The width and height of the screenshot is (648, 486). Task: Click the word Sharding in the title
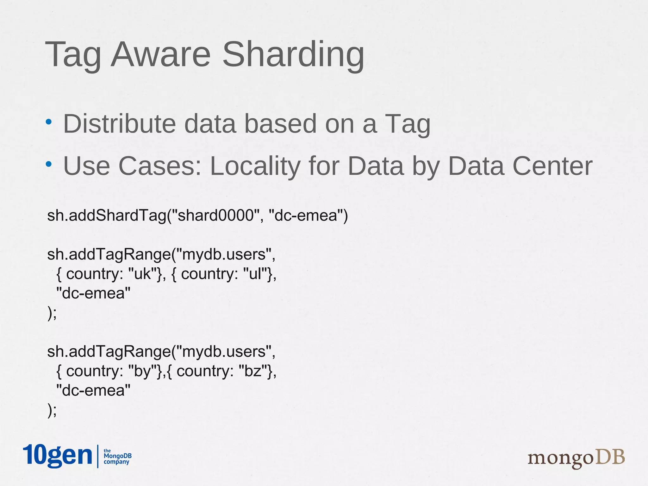pyautogui.click(x=293, y=54)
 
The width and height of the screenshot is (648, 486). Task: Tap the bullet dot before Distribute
pyautogui.click(x=48, y=122)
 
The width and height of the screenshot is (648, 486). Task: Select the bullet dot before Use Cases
pyautogui.click(x=48, y=164)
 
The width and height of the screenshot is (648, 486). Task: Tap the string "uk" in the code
pyautogui.click(x=143, y=274)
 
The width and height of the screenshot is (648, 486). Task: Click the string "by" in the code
pyautogui.click(x=143, y=371)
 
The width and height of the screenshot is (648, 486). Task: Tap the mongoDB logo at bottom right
pyautogui.click(x=576, y=458)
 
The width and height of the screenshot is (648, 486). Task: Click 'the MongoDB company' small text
pyautogui.click(x=117, y=456)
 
